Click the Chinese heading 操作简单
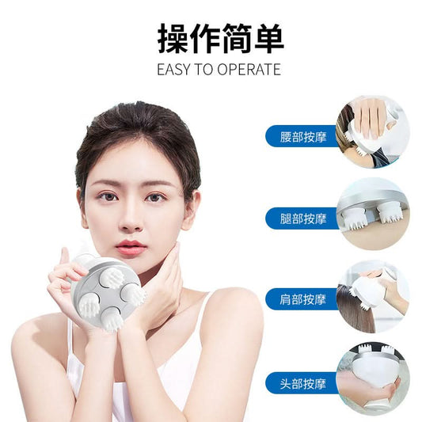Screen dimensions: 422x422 [x=220, y=39]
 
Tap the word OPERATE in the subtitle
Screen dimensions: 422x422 [x=249, y=70]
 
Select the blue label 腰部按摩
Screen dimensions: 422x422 [x=302, y=136]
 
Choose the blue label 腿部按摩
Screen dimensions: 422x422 [x=302, y=219]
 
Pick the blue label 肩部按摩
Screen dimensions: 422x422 [x=302, y=299]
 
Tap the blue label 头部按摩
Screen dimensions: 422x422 [x=302, y=383]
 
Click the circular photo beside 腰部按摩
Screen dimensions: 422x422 [x=372, y=132]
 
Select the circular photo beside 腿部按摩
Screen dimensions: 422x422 [x=372, y=214]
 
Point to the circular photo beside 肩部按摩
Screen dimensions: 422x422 [x=372, y=297]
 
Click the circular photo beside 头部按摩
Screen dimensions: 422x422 [x=372, y=379]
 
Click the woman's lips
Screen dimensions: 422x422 [x=131, y=247]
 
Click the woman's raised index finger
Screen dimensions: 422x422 [x=65, y=257]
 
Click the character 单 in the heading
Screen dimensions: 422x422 [x=269, y=39]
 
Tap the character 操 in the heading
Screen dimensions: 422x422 [x=173, y=39]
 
